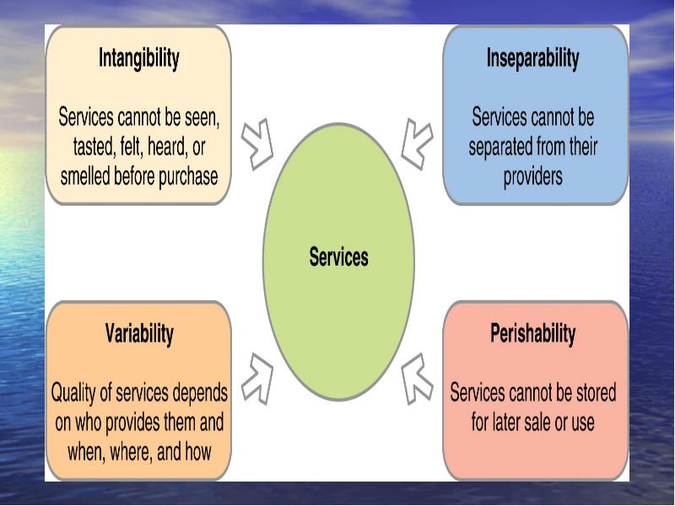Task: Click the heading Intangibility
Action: (138, 58)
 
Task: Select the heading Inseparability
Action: (532, 58)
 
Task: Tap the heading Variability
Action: (139, 334)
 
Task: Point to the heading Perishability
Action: (532, 334)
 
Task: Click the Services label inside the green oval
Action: (339, 257)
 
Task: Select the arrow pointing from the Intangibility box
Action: (257, 144)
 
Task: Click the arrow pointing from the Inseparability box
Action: (417, 144)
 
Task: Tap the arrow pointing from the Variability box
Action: (257, 379)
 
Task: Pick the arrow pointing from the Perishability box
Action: (417, 379)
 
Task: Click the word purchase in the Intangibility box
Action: (188, 177)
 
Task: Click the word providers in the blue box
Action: (533, 177)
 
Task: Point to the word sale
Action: (535, 423)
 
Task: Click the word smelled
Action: (85, 177)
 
